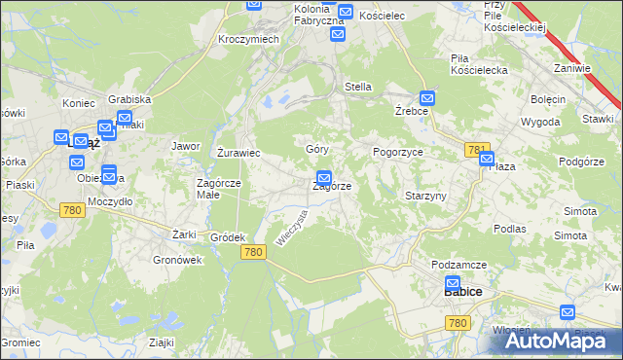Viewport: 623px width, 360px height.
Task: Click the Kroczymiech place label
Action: point(249,38)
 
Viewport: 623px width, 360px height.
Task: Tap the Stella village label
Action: point(358,87)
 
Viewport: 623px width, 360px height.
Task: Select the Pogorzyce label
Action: point(397,153)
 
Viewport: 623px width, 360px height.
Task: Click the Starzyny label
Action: point(425,196)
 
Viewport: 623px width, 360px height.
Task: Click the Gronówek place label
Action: point(176,260)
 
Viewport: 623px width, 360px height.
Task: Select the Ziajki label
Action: point(161,342)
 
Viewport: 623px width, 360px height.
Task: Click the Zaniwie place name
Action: point(572,68)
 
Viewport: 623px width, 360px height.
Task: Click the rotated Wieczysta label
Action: point(291,228)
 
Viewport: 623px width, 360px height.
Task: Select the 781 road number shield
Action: point(477,150)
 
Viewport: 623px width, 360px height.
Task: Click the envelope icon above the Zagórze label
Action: point(324,178)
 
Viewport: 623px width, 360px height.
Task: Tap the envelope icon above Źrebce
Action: point(427,99)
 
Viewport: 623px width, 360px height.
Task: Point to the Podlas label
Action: point(510,228)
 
